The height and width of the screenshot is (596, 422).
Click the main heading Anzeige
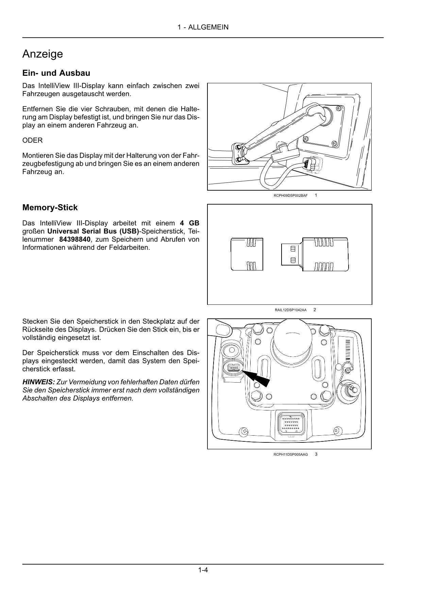43,54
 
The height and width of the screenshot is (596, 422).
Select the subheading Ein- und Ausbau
56,73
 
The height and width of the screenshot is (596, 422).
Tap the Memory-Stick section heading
50,208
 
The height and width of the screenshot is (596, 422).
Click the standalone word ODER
32,140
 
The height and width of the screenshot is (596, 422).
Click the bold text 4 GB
189,223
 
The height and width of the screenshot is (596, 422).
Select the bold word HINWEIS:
38,382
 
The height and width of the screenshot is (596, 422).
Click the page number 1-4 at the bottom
203,570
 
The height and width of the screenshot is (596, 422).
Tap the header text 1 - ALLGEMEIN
203,27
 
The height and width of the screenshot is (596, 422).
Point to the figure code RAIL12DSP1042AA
290,310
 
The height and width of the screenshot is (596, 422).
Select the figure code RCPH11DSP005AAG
290,454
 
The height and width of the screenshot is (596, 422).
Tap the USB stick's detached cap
247,254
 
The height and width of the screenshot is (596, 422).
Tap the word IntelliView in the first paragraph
55,86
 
